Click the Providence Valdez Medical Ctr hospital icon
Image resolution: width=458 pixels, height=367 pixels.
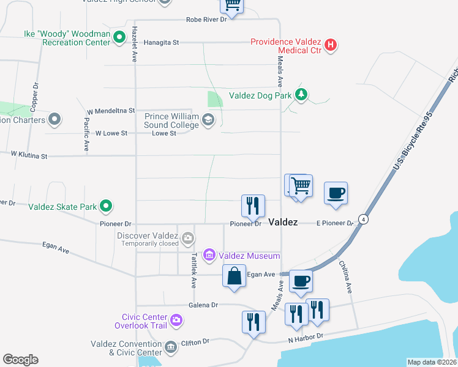331,45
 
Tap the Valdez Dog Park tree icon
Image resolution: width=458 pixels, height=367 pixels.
301,94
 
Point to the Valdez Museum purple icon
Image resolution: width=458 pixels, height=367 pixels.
209,254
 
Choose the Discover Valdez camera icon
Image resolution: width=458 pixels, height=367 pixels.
187,237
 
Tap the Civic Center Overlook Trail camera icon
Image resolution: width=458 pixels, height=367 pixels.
176,320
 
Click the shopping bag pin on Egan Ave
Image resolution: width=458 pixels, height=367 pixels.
234,276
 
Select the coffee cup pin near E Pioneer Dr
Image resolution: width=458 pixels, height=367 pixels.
336,193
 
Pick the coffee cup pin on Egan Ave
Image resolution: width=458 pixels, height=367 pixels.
301,281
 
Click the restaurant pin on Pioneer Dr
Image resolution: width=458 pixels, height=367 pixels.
253,206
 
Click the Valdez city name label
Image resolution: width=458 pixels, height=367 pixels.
283,222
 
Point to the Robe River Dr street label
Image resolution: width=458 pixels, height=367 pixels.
206,20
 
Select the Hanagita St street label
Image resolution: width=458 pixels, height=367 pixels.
161,43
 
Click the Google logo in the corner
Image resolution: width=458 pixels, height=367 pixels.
20,360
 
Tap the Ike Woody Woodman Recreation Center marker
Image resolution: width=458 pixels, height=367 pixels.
120,37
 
